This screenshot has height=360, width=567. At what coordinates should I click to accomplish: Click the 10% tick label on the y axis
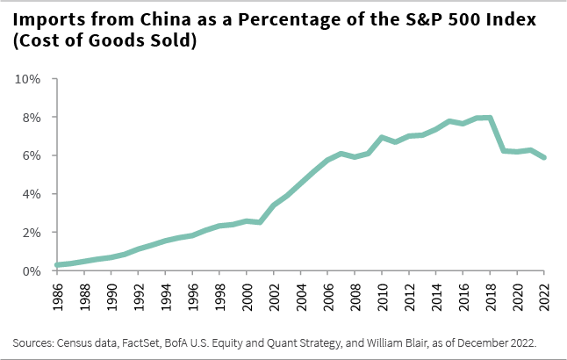click(x=29, y=79)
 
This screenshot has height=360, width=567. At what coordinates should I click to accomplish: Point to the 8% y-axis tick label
click(x=32, y=117)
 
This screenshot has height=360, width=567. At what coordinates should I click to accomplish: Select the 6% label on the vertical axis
click(x=32, y=155)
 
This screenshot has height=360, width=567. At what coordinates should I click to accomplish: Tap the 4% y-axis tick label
click(x=32, y=194)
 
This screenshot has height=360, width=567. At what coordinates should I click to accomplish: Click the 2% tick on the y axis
click(x=32, y=233)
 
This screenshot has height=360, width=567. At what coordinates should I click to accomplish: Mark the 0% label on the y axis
click(x=32, y=270)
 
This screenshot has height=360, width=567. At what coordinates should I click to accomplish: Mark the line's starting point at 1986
click(x=57, y=264)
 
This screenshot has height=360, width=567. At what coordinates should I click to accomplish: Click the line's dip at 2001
click(x=260, y=222)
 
